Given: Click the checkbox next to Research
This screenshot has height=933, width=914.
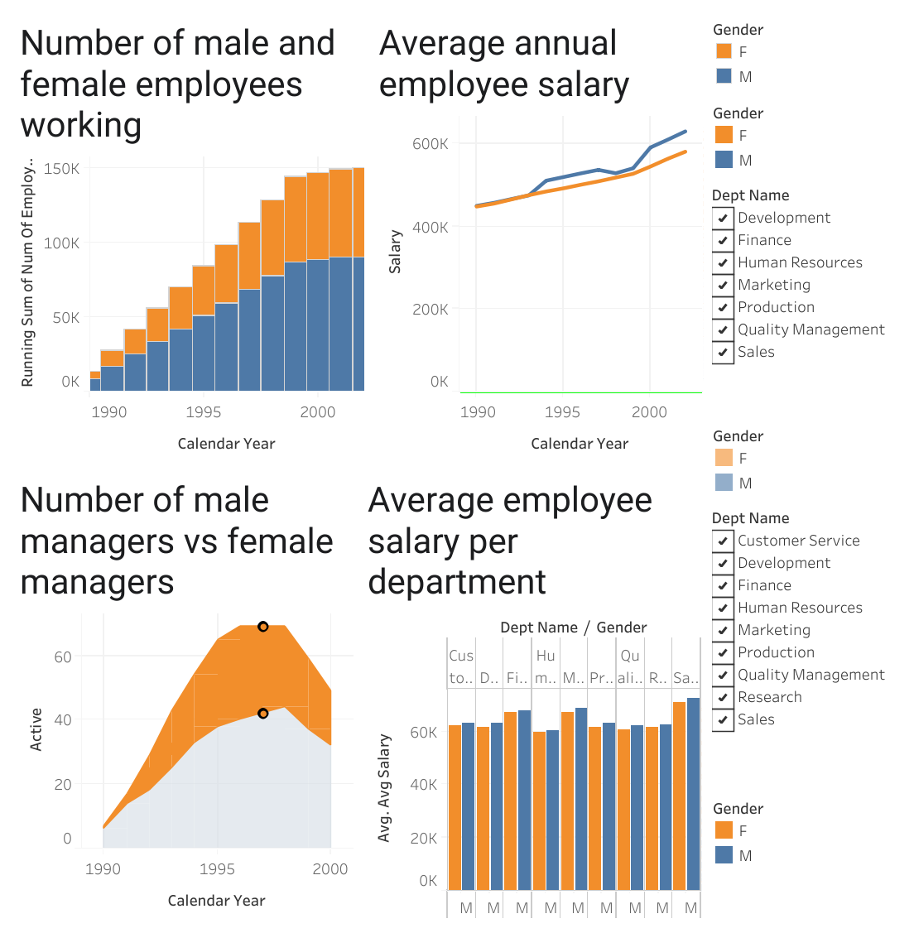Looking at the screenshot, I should click(x=723, y=697).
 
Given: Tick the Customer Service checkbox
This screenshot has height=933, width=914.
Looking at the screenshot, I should click(x=723, y=541).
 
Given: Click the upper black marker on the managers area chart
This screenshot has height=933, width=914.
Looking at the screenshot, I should click(x=263, y=627).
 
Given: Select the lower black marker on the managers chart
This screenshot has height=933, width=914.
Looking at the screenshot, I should click(x=263, y=714).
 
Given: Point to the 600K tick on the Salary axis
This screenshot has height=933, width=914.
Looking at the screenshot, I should click(x=430, y=144).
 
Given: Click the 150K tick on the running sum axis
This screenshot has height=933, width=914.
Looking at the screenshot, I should click(x=62, y=169).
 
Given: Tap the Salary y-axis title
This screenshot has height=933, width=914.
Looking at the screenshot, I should click(x=395, y=252).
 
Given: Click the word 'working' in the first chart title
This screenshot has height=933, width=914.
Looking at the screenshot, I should click(x=81, y=125).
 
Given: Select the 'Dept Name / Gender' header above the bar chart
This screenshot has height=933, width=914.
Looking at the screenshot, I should click(x=573, y=628).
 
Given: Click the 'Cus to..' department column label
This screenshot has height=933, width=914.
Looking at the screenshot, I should click(x=461, y=666).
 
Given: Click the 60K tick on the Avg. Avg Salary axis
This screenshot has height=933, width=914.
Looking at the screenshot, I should click(x=423, y=733).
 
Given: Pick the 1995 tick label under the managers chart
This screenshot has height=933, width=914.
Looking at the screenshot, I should click(x=217, y=869).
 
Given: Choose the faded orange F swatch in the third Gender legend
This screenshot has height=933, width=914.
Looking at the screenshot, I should click(x=724, y=458).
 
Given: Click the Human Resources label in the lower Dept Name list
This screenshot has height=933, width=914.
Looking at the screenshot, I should click(x=800, y=608).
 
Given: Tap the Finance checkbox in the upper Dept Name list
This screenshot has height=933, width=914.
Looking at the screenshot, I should click(x=723, y=240).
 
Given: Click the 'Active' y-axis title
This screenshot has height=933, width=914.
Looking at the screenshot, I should click(x=36, y=729).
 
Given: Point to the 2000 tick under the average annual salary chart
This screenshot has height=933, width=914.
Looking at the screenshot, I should click(x=649, y=412).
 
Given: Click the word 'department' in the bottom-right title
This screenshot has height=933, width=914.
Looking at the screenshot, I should click(x=457, y=581).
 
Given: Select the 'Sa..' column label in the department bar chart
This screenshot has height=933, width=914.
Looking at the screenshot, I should click(x=685, y=677).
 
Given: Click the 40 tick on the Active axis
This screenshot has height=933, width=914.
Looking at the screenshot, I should click(x=63, y=720).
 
